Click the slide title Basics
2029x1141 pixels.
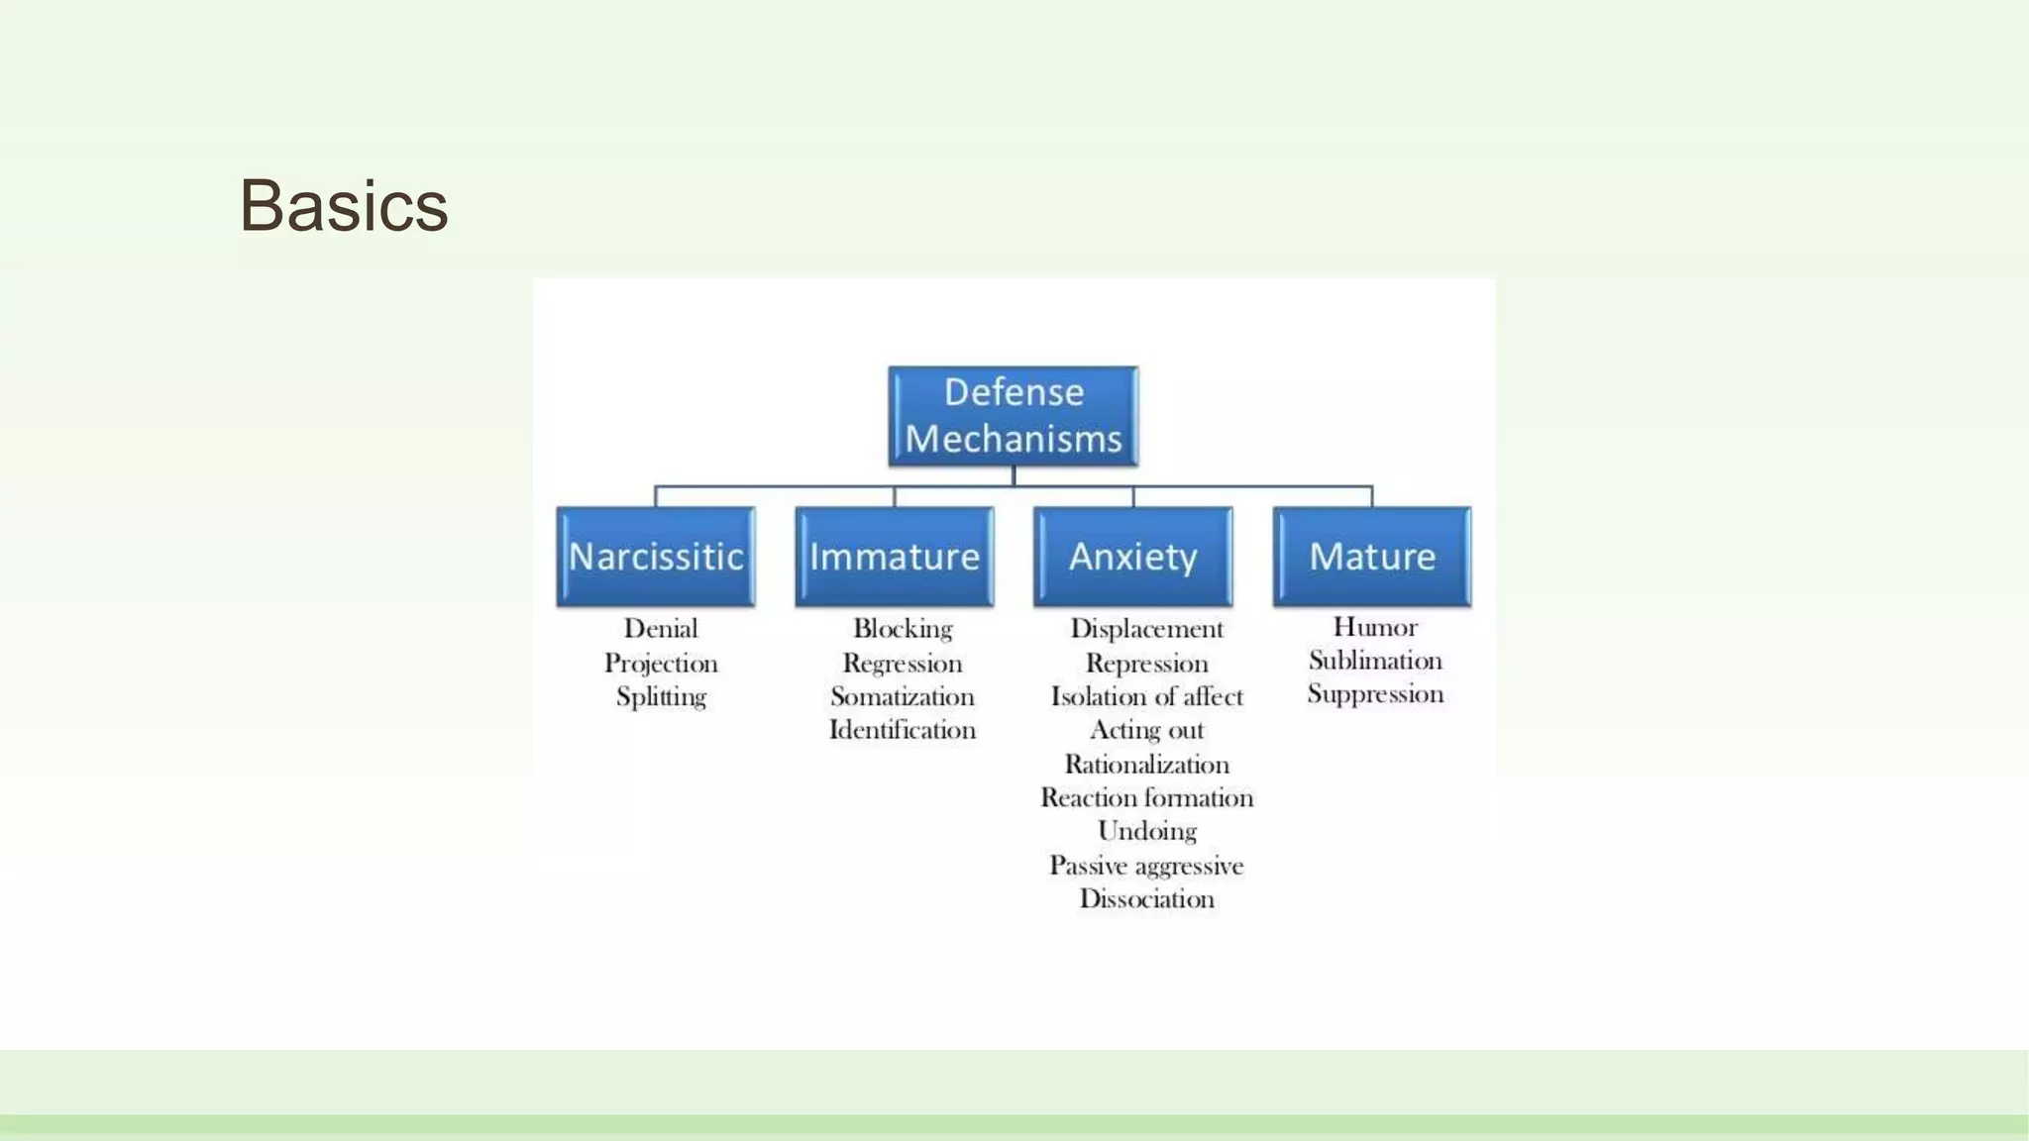(x=344, y=206)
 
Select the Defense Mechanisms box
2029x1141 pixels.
(x=1013, y=416)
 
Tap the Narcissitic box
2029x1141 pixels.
(x=655, y=557)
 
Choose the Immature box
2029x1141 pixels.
(x=894, y=557)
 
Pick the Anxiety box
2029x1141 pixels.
(x=1132, y=557)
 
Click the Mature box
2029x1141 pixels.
(x=1371, y=557)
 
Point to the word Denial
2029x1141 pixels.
(x=661, y=629)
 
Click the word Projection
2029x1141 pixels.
(x=661, y=663)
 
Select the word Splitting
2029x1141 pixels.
(x=661, y=696)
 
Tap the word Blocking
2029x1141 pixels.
(x=902, y=629)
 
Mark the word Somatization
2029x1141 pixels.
(x=902, y=696)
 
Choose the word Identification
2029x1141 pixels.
(x=902, y=730)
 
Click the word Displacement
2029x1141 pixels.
(x=1146, y=629)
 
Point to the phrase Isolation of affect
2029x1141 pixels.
(x=1146, y=696)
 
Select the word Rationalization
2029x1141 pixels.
(x=1146, y=765)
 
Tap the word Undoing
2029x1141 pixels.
(x=1146, y=831)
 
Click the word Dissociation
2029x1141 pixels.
(x=1146, y=898)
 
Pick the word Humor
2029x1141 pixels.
(x=1374, y=627)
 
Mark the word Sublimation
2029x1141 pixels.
(x=1374, y=661)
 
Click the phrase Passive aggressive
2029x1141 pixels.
(x=1146, y=866)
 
